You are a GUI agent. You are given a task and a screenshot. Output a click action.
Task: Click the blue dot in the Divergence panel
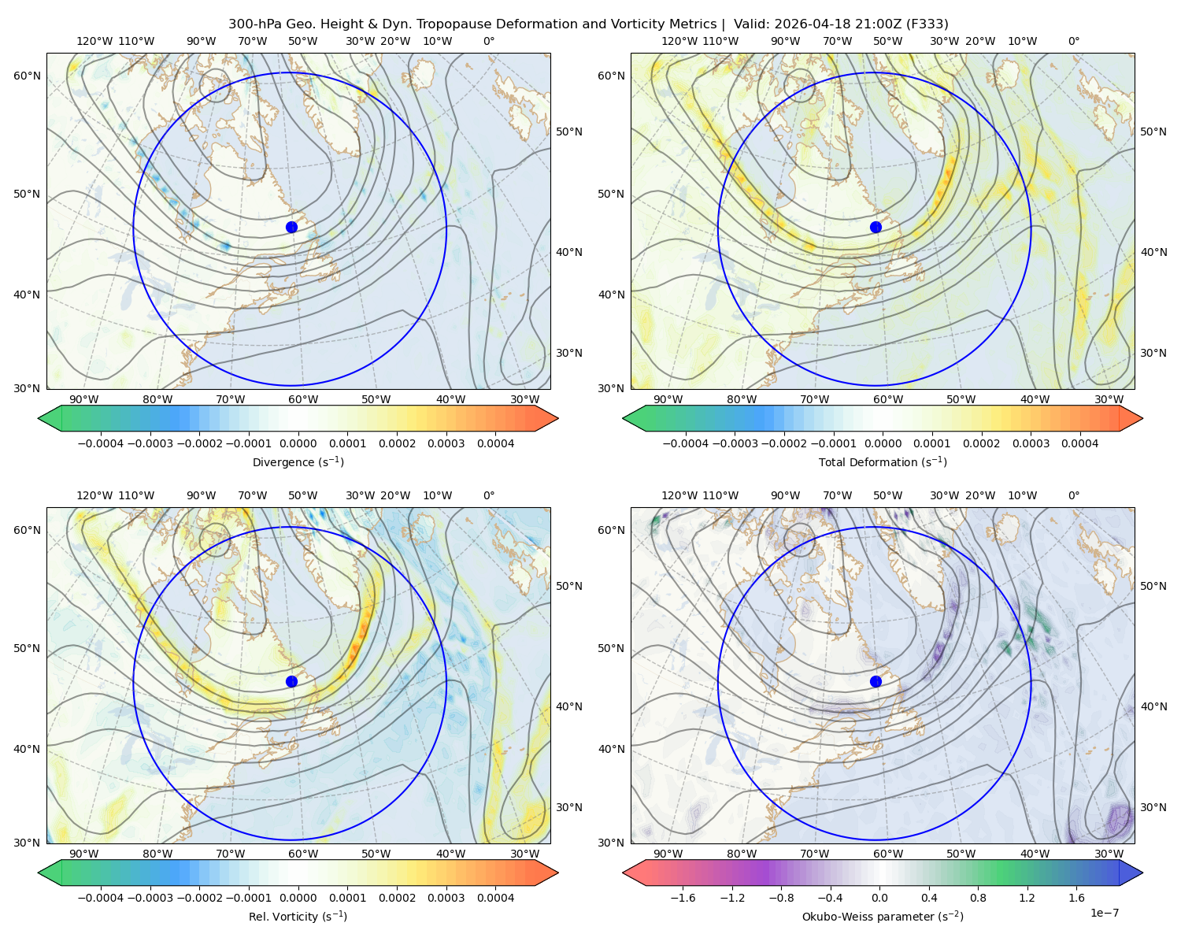click(291, 227)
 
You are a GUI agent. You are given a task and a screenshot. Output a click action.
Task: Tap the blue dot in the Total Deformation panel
click(876, 227)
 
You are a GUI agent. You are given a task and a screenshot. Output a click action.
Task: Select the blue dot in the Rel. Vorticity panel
click(291, 681)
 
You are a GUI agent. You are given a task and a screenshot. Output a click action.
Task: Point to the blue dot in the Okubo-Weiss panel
click(876, 681)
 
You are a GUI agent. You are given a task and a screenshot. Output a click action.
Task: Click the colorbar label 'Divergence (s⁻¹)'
click(298, 461)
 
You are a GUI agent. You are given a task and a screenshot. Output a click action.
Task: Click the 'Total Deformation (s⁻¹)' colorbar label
click(883, 461)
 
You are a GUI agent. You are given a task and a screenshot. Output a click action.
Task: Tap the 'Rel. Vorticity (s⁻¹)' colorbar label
click(298, 916)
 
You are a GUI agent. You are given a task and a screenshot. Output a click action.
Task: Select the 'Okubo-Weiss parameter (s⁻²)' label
click(883, 916)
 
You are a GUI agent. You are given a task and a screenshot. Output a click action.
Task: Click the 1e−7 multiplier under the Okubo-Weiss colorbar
click(1104, 913)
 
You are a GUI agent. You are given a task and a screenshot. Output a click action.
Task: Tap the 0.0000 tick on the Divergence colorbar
click(298, 443)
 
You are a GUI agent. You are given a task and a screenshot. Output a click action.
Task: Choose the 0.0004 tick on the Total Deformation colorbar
click(1080, 443)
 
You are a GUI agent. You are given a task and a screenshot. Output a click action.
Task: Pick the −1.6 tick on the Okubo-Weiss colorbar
click(683, 898)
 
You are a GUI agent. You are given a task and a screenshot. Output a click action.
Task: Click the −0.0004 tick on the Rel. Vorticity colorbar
click(101, 898)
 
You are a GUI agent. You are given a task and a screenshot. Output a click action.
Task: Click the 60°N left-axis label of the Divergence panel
click(27, 76)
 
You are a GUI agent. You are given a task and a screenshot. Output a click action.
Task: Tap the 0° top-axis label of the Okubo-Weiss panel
click(1073, 495)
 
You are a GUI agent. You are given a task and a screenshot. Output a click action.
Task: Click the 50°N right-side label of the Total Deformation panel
click(1153, 132)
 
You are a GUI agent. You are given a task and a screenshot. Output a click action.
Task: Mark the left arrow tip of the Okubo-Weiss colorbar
click(622, 873)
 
